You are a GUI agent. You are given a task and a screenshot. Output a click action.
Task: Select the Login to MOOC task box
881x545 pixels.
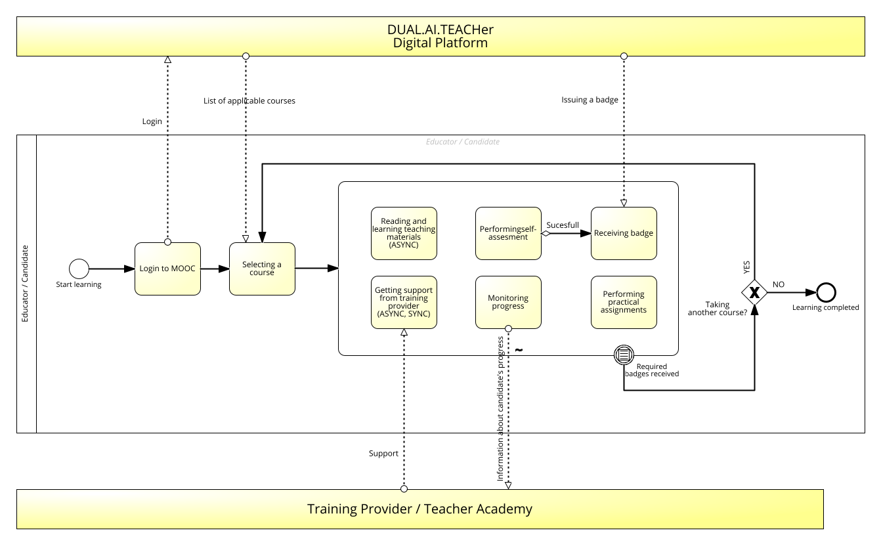coord(167,269)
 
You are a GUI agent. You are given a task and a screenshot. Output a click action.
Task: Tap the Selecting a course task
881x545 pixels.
coord(262,269)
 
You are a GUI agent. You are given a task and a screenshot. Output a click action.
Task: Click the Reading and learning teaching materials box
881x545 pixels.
coord(404,233)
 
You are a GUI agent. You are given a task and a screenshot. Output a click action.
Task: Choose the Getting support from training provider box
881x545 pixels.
coord(404,302)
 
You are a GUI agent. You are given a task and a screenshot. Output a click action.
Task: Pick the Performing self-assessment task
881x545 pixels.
coord(508,233)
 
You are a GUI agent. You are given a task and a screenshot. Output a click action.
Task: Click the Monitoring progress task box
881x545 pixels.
coord(508,302)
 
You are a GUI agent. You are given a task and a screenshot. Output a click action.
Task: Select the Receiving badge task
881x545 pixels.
coord(624,233)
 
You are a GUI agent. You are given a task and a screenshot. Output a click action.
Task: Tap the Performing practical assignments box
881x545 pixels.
coord(624,302)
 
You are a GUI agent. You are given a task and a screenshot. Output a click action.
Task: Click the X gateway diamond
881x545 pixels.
coord(754,292)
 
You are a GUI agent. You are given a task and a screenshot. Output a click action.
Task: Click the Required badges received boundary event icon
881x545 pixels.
coord(624,355)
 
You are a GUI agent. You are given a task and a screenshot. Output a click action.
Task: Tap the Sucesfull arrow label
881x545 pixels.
coord(563,225)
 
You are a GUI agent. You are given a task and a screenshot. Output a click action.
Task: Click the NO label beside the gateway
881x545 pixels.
coord(779,284)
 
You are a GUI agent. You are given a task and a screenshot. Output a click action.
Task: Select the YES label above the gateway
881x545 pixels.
coord(746,267)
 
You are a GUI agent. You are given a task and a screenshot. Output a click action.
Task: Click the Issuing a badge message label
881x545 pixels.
coord(590,100)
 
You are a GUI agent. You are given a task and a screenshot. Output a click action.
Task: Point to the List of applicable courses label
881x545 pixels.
coord(249,100)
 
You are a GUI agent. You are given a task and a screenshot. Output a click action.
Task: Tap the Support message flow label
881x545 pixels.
coord(383,453)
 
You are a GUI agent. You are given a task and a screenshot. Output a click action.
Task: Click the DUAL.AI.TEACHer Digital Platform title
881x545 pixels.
coord(440,36)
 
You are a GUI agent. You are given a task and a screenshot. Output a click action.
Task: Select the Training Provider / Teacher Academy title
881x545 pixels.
coord(419,509)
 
